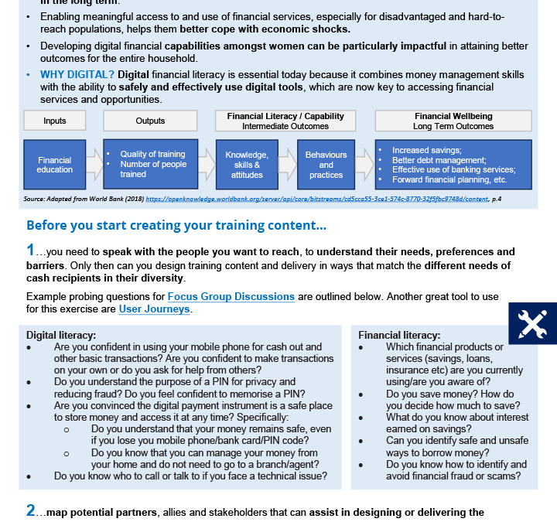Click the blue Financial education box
pyautogui.click(x=54, y=164)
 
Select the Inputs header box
pyautogui.click(x=54, y=121)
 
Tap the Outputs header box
pyautogui.click(x=150, y=121)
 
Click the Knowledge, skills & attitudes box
pyautogui.click(x=247, y=164)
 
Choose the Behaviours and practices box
pyautogui.click(x=326, y=164)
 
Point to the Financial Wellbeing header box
pyautogui.click(x=453, y=121)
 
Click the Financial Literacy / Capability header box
pyautogui.click(x=285, y=121)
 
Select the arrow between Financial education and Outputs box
pyautogui.click(x=94, y=164)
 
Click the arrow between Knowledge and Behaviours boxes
pyautogui.click(x=287, y=164)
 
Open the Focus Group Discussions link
pyautogui.click(x=231, y=296)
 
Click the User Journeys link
pyautogui.click(x=154, y=309)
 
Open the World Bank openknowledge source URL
pyautogui.click(x=317, y=199)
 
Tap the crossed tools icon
pyautogui.click(x=532, y=323)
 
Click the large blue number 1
pyautogui.click(x=30, y=251)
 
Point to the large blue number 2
pyautogui.click(x=31, y=511)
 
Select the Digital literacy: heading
pyautogui.click(x=61, y=335)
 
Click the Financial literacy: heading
pyautogui.click(x=399, y=335)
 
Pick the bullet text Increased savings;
pyautogui.click(x=427, y=150)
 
